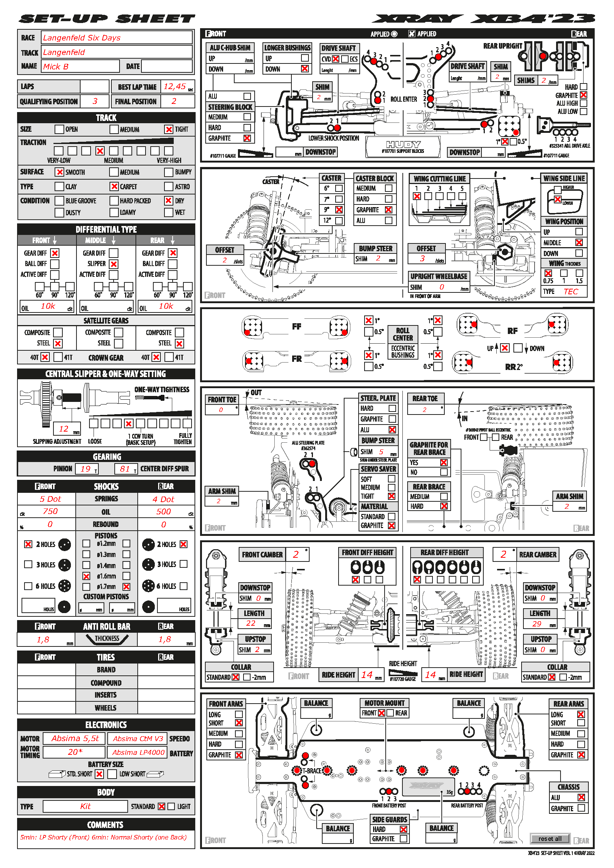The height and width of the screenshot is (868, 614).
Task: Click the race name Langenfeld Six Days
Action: (x=82, y=38)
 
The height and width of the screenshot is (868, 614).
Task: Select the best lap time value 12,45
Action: (x=174, y=86)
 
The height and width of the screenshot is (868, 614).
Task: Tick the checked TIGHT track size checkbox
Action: (x=169, y=129)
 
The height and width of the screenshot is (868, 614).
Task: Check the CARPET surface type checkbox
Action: (x=114, y=186)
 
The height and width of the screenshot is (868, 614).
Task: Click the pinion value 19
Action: (x=85, y=469)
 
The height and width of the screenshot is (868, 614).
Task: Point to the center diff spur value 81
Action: (x=125, y=469)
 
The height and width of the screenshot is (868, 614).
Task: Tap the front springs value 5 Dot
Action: (x=50, y=499)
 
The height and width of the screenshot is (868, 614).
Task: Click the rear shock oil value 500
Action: (x=163, y=511)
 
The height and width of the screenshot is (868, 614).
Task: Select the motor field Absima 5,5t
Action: (x=75, y=738)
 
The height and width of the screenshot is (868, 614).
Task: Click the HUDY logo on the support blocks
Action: (x=403, y=144)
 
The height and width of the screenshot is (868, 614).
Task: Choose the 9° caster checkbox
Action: (x=339, y=209)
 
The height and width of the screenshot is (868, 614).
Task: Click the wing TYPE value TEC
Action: (x=571, y=291)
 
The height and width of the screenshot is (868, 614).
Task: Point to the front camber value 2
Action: (x=295, y=554)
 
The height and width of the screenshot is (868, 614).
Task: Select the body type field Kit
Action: (x=85, y=806)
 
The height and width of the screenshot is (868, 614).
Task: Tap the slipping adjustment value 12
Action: (x=63, y=429)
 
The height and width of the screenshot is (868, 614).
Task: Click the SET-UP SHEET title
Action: (x=107, y=19)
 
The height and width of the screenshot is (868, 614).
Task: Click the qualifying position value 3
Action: (x=95, y=101)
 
